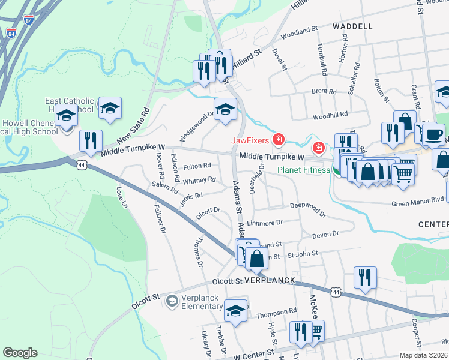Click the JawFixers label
(x=250, y=142)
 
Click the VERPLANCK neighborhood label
(x=270, y=280)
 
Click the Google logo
(x=20, y=352)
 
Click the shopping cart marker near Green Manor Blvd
(x=403, y=173)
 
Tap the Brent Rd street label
(x=324, y=91)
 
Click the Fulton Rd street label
(x=197, y=166)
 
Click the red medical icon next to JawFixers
(x=278, y=141)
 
